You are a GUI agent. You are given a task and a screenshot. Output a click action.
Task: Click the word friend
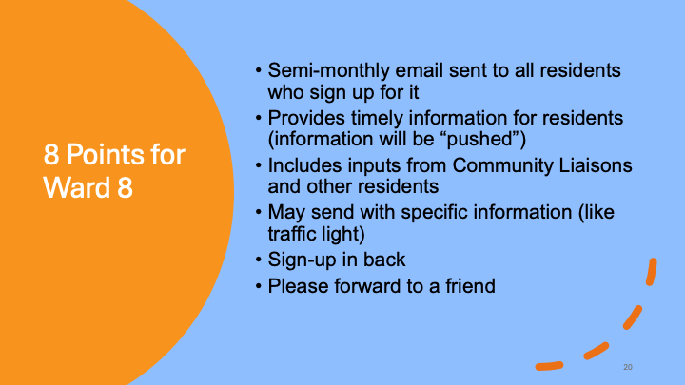coord(470,286)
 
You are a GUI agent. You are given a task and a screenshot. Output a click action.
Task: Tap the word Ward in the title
coord(76,187)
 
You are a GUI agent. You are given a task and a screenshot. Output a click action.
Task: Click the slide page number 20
coord(628,367)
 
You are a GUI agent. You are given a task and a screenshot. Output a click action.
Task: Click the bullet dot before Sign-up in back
coord(259,260)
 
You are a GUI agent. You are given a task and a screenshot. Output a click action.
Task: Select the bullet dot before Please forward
coord(259,287)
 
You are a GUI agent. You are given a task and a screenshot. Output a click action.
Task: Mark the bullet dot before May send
coord(259,213)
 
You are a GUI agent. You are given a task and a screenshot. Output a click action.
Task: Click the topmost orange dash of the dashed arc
coord(652,272)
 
